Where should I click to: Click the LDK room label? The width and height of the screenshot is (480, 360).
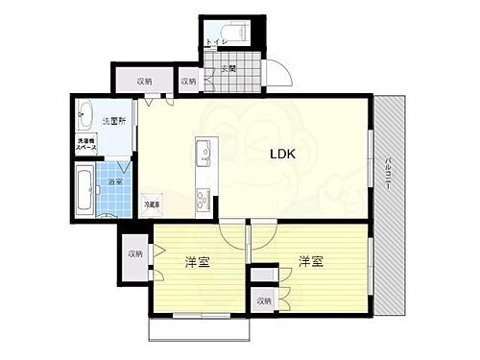282,153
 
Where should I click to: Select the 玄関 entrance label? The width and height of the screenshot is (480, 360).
228,68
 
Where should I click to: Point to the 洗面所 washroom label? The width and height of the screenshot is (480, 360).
114,121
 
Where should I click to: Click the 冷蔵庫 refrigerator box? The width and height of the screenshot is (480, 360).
152,204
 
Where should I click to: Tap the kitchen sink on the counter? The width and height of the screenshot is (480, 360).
203,152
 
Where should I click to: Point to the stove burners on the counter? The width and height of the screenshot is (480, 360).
204,199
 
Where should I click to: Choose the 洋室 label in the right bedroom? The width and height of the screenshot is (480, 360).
307,261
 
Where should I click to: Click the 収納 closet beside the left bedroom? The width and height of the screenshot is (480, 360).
134,254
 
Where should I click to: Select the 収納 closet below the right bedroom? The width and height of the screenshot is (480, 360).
262,301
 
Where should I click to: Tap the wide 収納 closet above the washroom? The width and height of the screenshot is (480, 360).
143,82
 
